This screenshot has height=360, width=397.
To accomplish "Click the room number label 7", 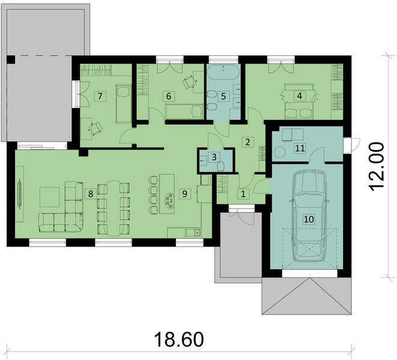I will pos(100,96).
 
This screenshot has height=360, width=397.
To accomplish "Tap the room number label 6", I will pos(169,96).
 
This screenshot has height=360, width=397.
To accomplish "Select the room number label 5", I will pos(223,95).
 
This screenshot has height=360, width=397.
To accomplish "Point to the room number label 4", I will pos(298,95).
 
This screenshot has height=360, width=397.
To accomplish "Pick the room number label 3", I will pos(213,157).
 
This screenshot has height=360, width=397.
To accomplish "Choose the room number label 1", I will pos(243,193).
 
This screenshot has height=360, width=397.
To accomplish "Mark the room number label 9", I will pos(184,193).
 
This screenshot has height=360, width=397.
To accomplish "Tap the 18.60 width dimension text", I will pos(179,339).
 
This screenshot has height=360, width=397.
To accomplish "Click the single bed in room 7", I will pos(123,100).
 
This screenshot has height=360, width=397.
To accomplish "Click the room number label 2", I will pos(246,142).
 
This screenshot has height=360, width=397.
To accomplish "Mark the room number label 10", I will pos(309,220).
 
